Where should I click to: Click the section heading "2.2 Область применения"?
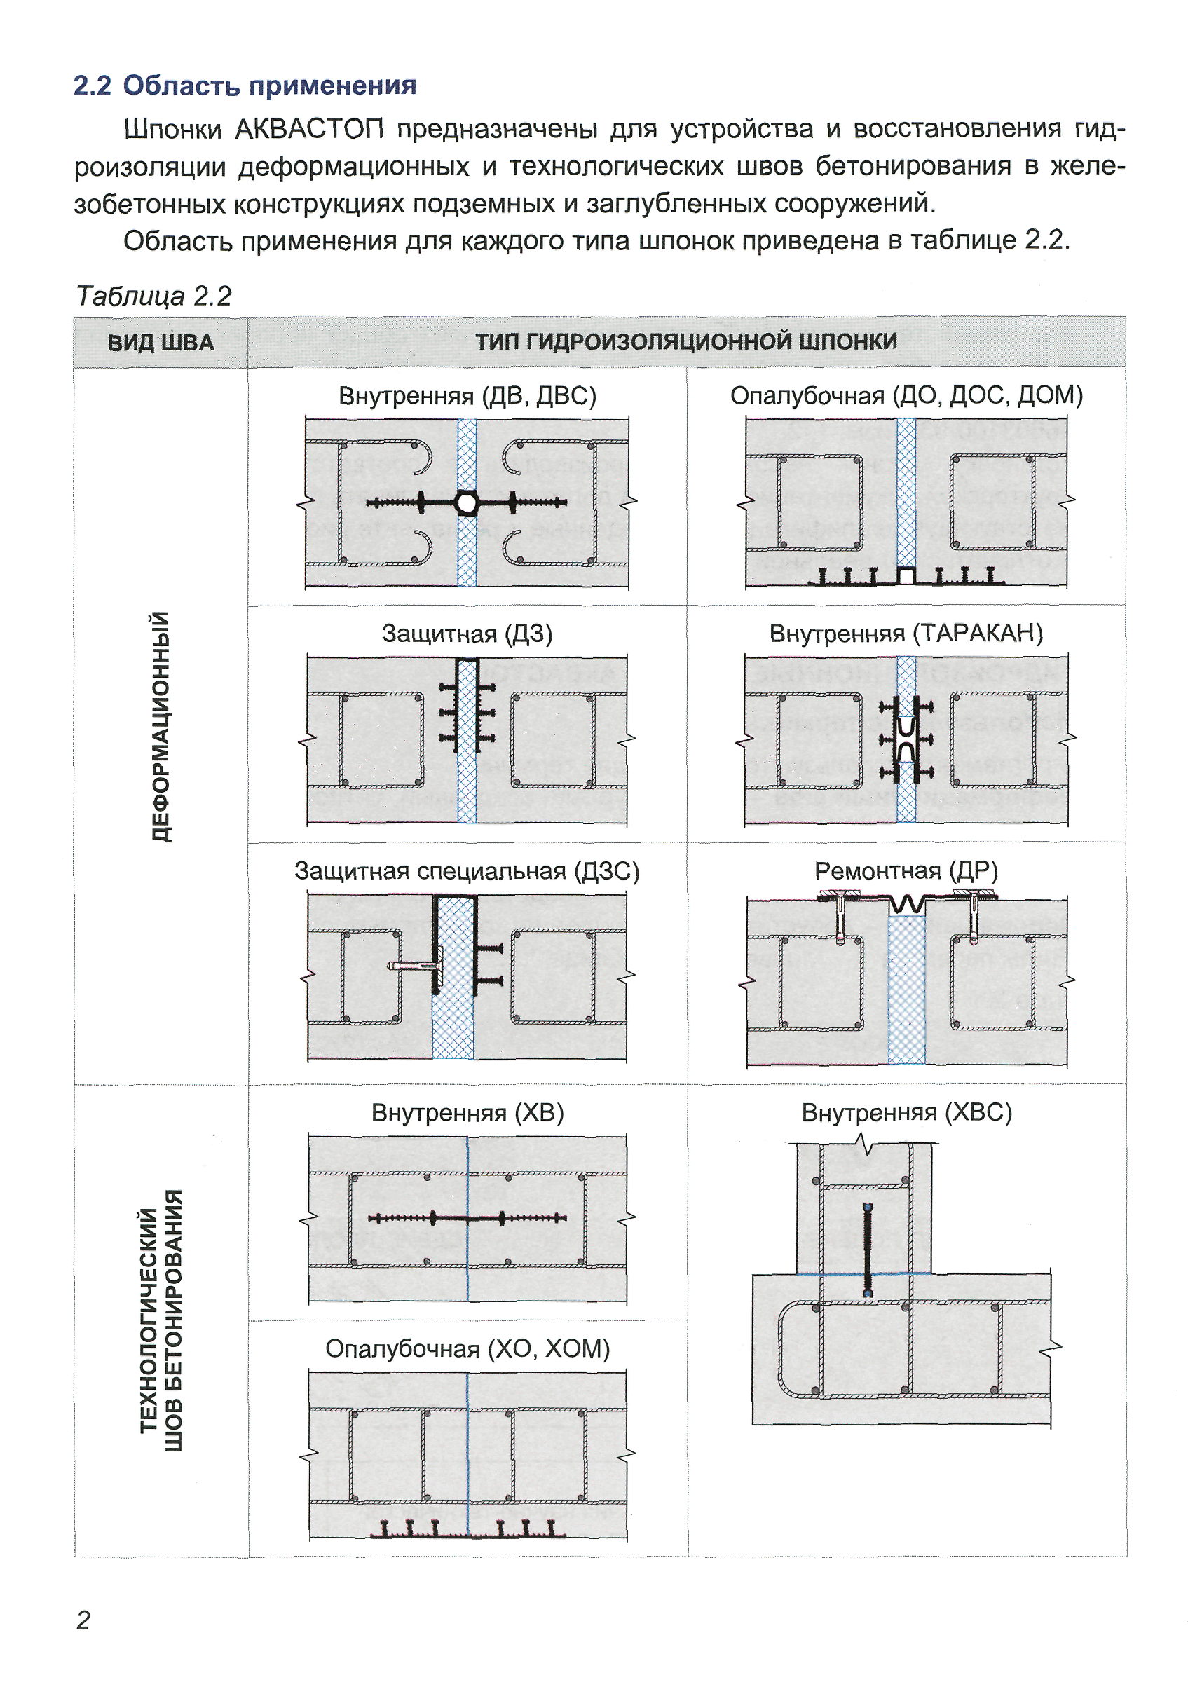click(244, 86)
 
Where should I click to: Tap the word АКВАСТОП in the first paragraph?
click(309, 130)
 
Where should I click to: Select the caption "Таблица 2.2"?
click(153, 296)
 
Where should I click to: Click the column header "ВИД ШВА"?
click(161, 343)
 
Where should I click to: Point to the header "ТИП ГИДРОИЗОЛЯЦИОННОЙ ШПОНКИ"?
click(685, 341)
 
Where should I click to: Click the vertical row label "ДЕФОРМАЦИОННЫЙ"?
click(161, 726)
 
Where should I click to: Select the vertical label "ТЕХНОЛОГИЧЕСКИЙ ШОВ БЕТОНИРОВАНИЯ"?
click(161, 1320)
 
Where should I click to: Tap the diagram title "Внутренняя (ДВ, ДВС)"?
click(467, 396)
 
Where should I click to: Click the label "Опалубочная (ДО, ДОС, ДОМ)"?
click(906, 396)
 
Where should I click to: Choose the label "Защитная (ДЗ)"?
click(467, 634)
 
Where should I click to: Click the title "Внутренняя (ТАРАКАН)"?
click(906, 634)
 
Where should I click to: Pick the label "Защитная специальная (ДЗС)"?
click(467, 871)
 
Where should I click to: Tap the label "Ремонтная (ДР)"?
click(906, 871)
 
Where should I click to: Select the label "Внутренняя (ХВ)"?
click(467, 1112)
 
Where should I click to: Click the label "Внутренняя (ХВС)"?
click(906, 1112)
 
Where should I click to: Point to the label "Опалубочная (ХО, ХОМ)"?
click(467, 1349)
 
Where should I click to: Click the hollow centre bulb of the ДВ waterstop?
click(466, 503)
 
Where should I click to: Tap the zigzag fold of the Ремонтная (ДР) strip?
click(906, 902)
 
